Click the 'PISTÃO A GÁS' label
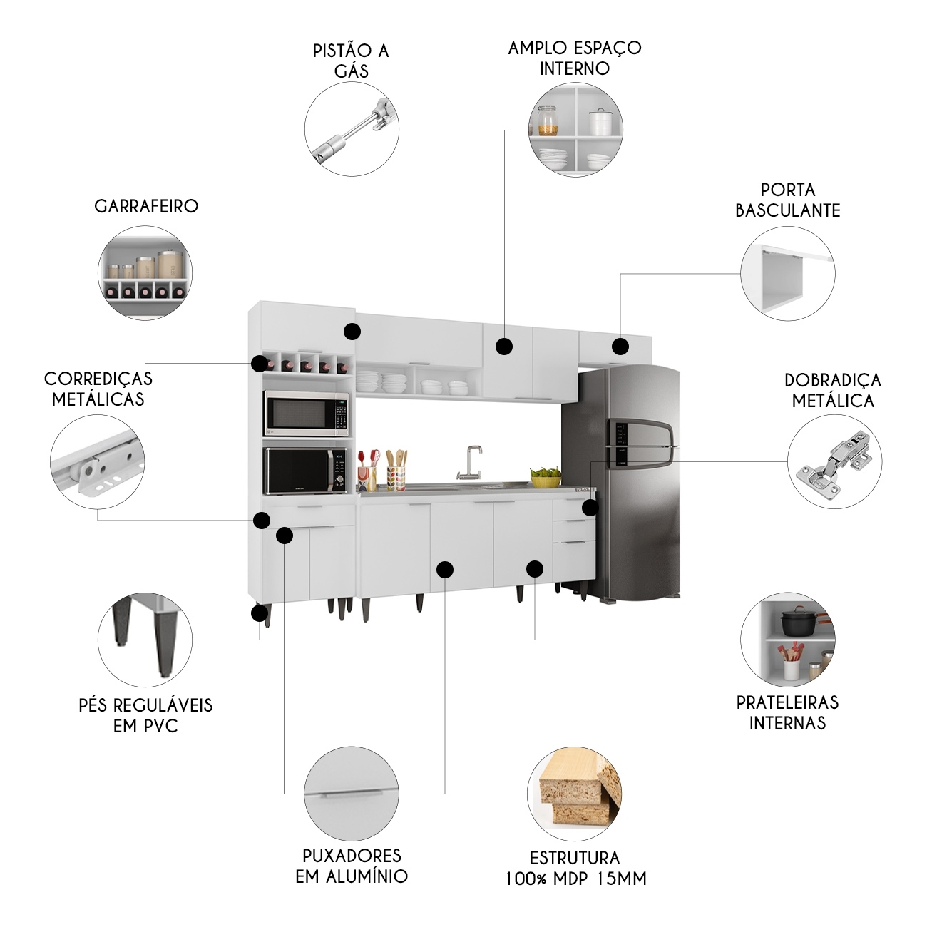(x=351, y=60)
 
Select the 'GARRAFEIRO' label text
(x=146, y=206)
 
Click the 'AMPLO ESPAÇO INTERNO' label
(x=575, y=58)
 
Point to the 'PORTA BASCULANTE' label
(x=787, y=200)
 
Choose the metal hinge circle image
(x=834, y=461)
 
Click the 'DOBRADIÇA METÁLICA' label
(x=833, y=390)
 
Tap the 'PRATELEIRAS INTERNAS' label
(x=787, y=712)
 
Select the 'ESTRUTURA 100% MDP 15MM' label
(x=575, y=868)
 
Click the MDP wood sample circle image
(x=574, y=794)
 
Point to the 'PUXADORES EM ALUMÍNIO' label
(x=352, y=866)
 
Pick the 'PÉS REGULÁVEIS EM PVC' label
(x=145, y=715)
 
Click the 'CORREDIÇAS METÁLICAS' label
(x=98, y=389)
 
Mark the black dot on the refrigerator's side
(x=590, y=508)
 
